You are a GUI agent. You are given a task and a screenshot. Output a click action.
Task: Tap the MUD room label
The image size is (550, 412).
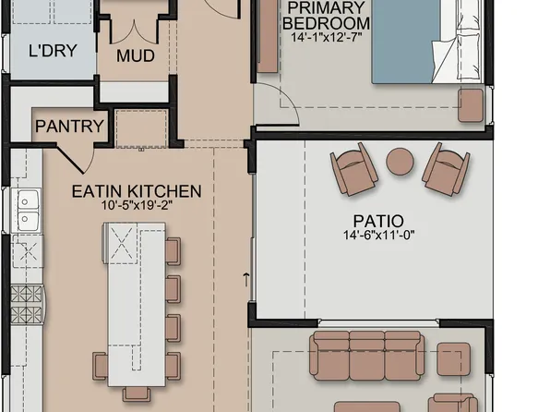(x=135, y=55)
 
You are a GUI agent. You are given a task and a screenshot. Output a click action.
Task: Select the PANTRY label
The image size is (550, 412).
(x=70, y=126)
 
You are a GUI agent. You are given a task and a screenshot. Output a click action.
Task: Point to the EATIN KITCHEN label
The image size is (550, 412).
(x=137, y=191)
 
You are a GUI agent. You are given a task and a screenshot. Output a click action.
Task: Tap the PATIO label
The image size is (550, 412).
(x=377, y=222)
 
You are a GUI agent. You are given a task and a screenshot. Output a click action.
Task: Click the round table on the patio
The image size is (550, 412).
(x=400, y=161)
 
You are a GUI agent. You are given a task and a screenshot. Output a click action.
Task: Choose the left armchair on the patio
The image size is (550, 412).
(x=353, y=168)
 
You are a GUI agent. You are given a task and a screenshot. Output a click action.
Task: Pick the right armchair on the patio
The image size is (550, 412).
(x=446, y=168)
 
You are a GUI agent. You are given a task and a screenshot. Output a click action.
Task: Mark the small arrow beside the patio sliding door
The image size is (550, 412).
(x=246, y=276)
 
